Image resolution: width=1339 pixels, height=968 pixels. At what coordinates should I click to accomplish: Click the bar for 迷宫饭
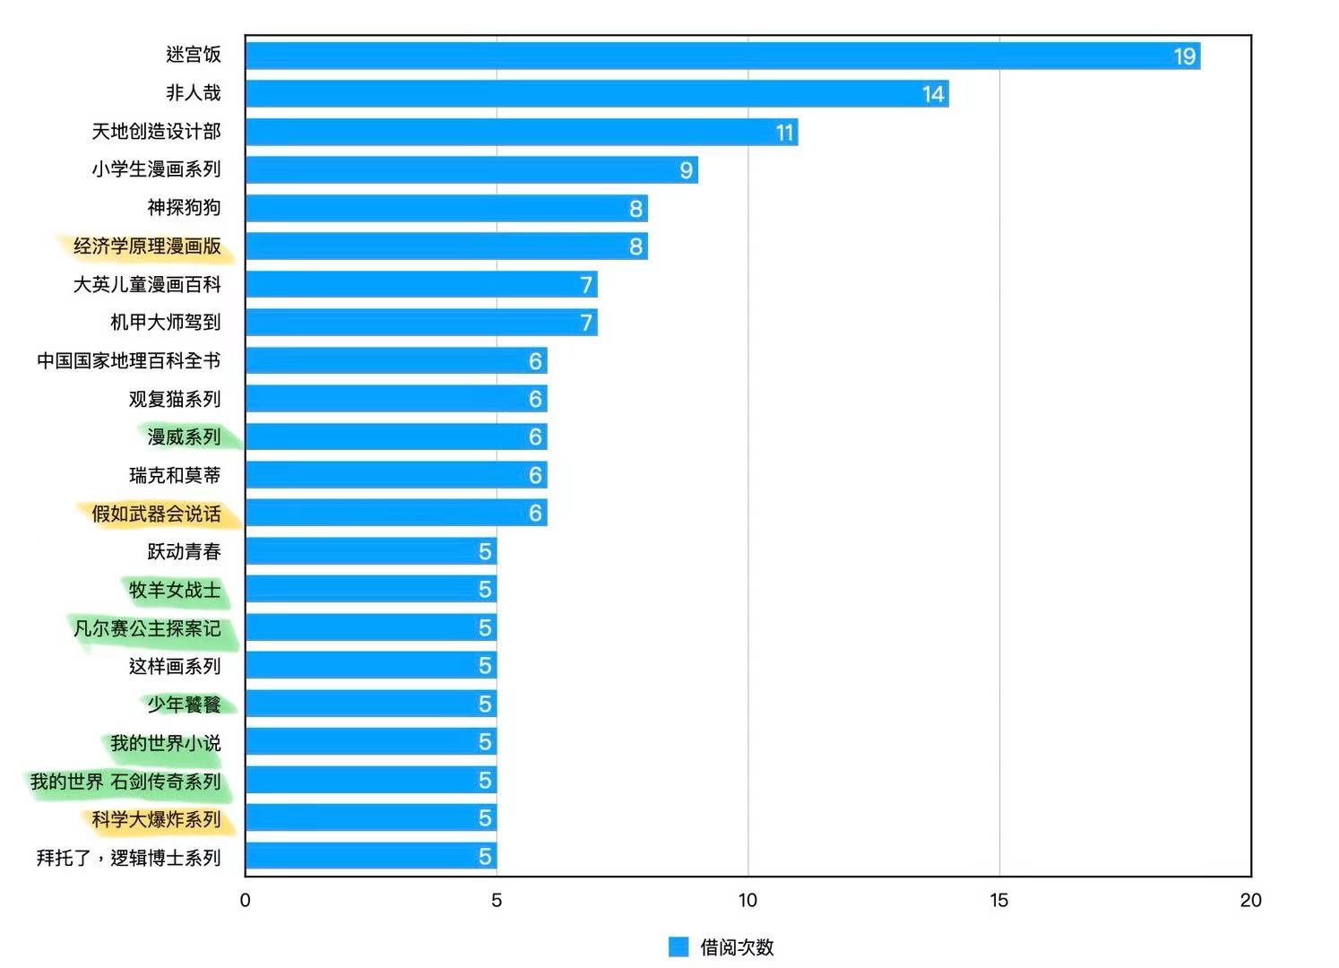[x=721, y=56]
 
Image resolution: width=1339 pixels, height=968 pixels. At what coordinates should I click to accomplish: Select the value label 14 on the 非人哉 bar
[x=933, y=94]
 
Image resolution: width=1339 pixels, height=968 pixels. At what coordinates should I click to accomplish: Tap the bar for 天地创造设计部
[x=520, y=133]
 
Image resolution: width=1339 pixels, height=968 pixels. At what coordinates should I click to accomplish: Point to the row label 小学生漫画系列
[x=156, y=169]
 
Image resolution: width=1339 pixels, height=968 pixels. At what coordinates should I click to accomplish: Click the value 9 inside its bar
[x=686, y=170]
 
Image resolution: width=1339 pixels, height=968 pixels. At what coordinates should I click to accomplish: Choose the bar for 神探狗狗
[x=445, y=209]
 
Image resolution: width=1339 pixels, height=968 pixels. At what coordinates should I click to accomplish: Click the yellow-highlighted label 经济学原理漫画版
[x=147, y=246]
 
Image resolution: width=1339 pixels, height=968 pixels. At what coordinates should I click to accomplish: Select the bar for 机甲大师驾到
[x=420, y=323]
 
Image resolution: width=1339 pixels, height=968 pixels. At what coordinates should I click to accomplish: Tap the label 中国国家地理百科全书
[x=128, y=361]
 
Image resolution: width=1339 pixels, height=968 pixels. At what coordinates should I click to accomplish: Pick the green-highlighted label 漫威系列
[x=184, y=437]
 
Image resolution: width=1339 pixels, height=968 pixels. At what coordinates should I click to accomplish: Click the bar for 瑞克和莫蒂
[x=395, y=475]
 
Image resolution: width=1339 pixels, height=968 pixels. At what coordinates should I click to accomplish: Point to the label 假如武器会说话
[x=156, y=514]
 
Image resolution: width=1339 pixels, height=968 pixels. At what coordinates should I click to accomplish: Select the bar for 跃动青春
[x=370, y=551]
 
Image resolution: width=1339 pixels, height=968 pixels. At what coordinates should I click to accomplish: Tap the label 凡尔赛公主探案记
[x=147, y=628]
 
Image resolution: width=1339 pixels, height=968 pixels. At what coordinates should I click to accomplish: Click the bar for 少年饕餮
[x=370, y=704]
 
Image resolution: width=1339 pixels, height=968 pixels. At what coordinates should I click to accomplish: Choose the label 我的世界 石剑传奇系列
[x=125, y=782]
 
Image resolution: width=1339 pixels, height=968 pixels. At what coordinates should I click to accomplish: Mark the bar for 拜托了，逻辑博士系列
[x=370, y=857]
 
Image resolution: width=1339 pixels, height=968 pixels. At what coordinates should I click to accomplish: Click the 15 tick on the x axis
[x=998, y=900]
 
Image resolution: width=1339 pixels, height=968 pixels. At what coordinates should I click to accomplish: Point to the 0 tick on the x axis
[x=245, y=900]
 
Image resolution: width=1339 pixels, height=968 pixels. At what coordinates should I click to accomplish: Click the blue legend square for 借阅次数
[x=678, y=946]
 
